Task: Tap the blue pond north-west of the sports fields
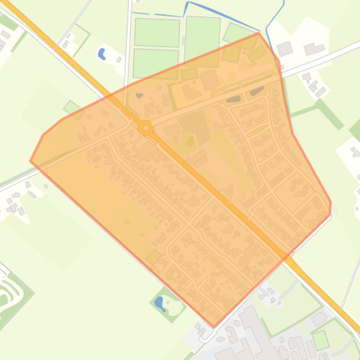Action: [x=102, y=54]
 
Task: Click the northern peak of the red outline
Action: [x=258, y=33]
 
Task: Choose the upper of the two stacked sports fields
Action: [x=157, y=32]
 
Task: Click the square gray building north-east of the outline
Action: [x=285, y=48]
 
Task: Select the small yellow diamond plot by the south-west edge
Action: [x=154, y=257]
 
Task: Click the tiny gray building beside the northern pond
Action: [x=119, y=59]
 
